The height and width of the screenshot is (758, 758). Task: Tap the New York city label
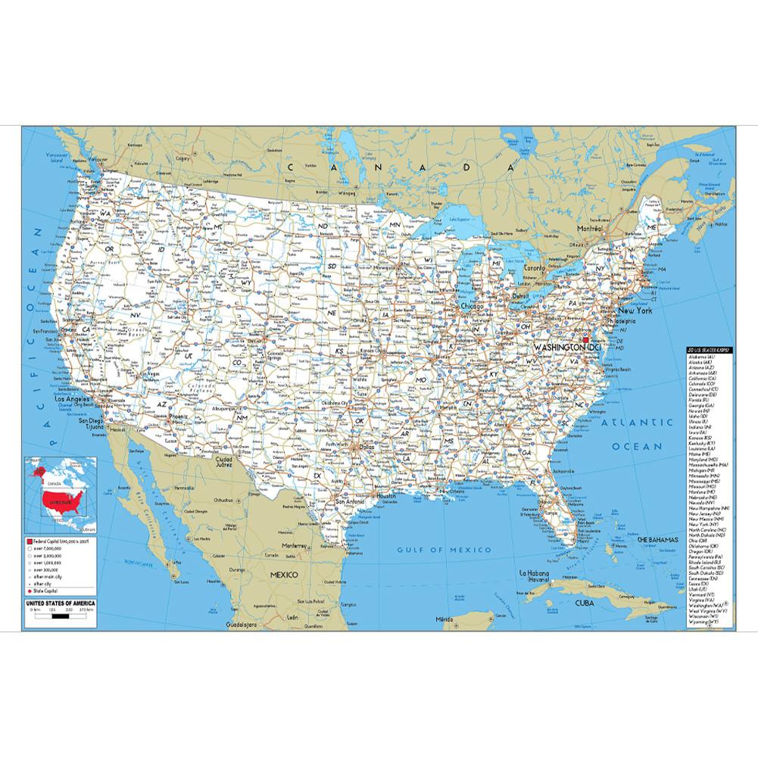(x=657, y=310)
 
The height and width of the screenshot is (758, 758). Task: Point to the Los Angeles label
(x=73, y=398)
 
